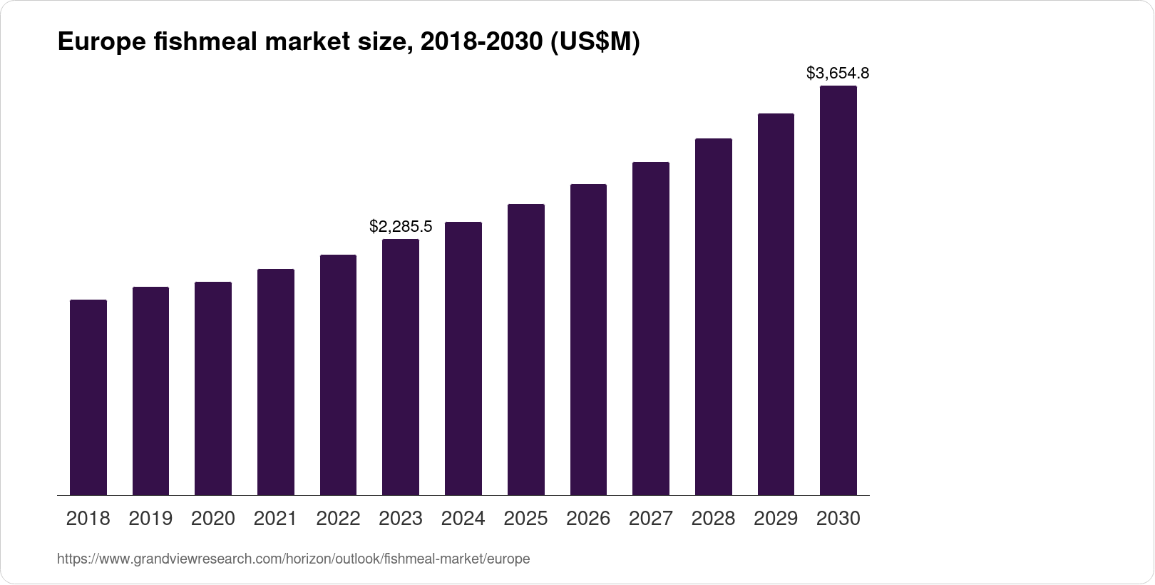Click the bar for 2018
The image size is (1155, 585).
(88, 397)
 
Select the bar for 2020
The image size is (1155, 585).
(213, 389)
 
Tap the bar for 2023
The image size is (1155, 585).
(401, 367)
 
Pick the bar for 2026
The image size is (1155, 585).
(588, 340)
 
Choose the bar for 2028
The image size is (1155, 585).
(713, 317)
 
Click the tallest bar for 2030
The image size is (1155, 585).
(838, 290)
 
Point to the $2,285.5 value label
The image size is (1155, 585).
(401, 227)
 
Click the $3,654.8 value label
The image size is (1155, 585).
(838, 73)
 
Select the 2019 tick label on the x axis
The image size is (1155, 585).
(150, 519)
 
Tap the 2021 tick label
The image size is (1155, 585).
(275, 519)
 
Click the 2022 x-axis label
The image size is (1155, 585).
(338, 519)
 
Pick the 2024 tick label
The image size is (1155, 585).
(463, 519)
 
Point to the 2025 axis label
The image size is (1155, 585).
(525, 519)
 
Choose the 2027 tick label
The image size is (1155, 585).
(651, 519)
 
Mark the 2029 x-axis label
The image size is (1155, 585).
(776, 519)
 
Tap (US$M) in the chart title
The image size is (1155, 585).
(594, 43)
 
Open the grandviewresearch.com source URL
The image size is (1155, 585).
(293, 559)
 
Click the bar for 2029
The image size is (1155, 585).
(776, 304)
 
